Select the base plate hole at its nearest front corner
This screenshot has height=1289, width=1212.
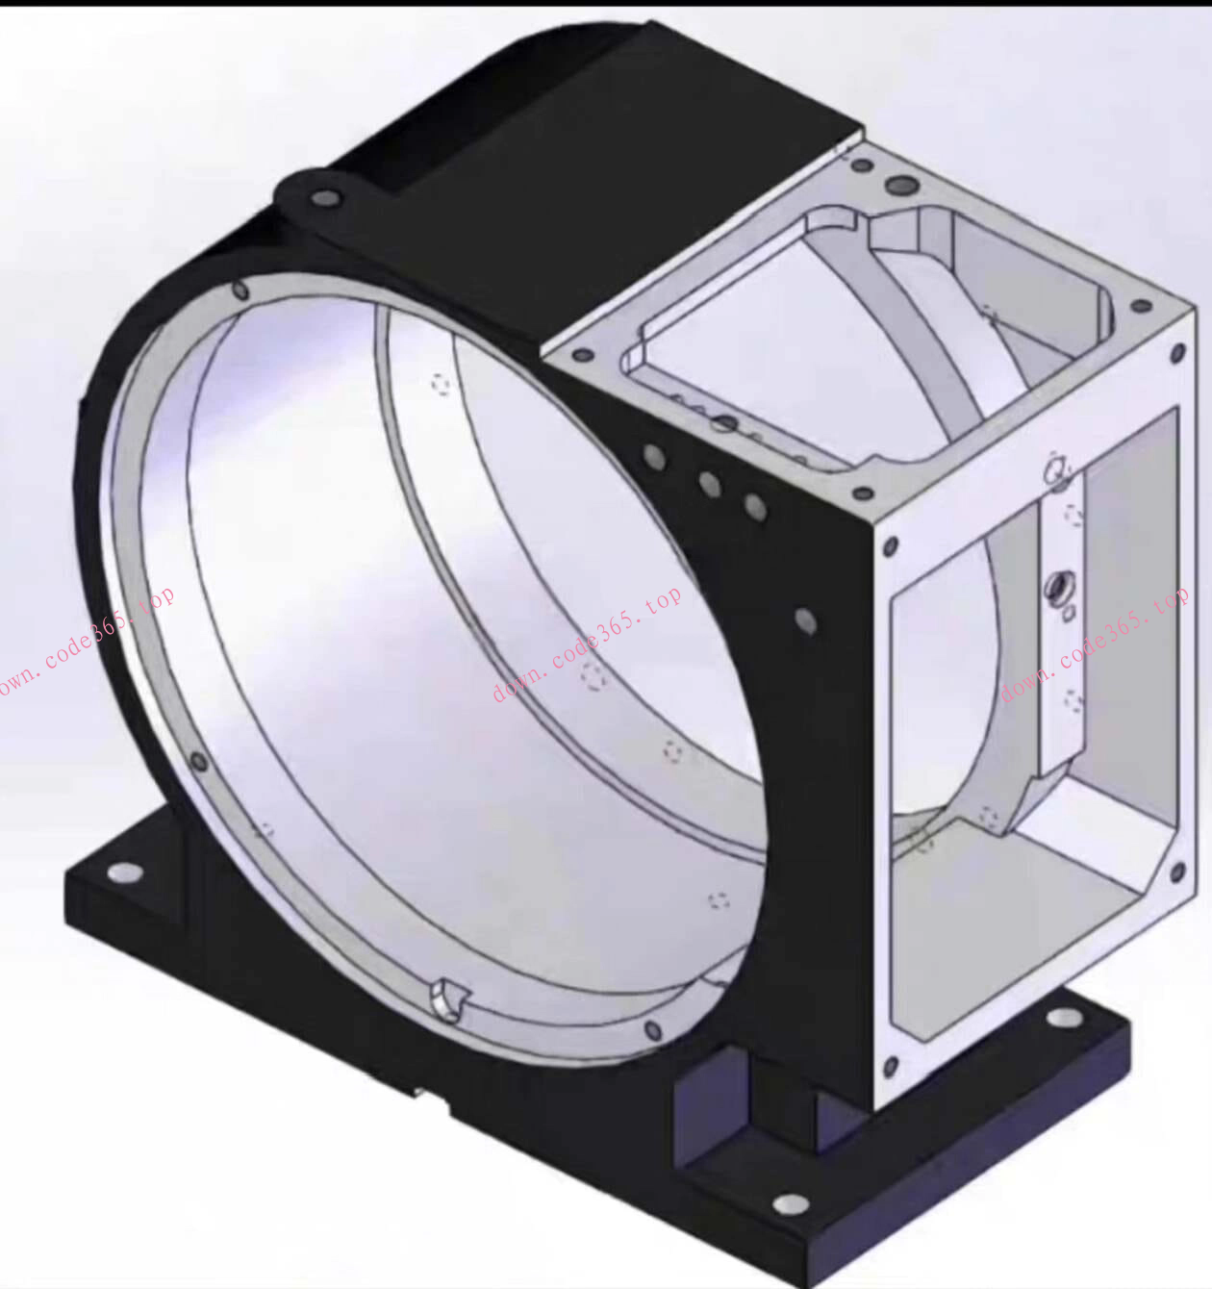(x=792, y=1204)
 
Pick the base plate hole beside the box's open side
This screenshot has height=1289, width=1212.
(x=1065, y=1017)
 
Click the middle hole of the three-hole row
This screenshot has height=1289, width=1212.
(x=709, y=484)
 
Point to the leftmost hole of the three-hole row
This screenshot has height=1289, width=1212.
(x=654, y=457)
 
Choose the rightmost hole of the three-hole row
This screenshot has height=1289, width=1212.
(x=755, y=507)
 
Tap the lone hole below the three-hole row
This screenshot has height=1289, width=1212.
(x=806, y=621)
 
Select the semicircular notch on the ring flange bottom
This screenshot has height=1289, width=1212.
(x=450, y=998)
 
